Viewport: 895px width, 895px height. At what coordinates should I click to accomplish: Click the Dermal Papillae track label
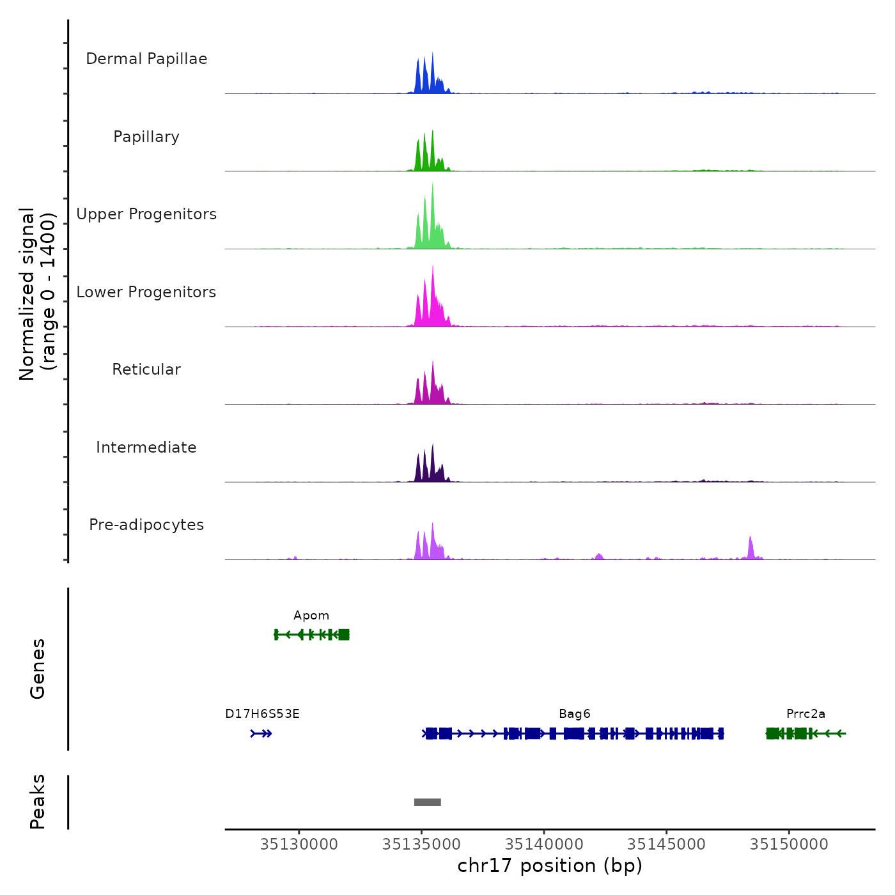(x=146, y=59)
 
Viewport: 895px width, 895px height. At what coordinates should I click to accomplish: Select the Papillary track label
(x=146, y=137)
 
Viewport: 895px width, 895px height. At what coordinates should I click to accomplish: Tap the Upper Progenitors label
(x=146, y=214)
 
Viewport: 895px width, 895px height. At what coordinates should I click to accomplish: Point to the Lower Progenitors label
(x=146, y=292)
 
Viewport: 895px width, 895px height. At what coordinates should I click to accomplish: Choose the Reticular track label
(x=146, y=370)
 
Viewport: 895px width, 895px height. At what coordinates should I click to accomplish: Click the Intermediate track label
(x=146, y=447)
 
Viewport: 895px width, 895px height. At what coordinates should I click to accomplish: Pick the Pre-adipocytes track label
(x=146, y=525)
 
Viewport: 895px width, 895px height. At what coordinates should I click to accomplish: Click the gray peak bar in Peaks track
(x=427, y=802)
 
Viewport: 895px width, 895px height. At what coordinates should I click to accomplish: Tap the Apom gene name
(x=311, y=616)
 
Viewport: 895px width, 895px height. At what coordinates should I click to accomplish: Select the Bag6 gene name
(x=575, y=714)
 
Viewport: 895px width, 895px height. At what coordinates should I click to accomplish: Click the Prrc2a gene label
(x=805, y=714)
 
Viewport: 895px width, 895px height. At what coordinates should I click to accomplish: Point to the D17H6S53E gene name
(x=262, y=714)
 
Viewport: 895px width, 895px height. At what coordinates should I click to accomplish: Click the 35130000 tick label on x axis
(x=299, y=844)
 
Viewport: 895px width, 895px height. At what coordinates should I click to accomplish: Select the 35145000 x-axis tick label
(x=666, y=844)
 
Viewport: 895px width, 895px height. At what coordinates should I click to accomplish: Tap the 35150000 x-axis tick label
(x=789, y=844)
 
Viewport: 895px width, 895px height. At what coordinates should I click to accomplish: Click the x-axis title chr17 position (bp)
(x=550, y=866)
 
